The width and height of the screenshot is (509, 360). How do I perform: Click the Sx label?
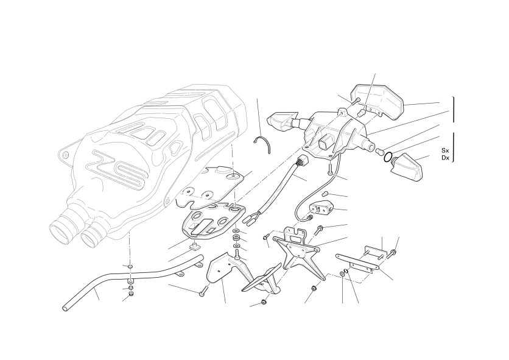click(445, 150)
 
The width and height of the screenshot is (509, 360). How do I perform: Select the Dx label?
click(445, 158)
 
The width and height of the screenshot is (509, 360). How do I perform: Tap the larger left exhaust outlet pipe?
click(61, 229)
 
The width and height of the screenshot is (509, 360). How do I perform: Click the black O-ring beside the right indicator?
click(387, 158)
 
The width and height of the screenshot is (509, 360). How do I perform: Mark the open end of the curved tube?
click(65, 307)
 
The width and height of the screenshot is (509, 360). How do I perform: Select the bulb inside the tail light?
click(360, 113)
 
